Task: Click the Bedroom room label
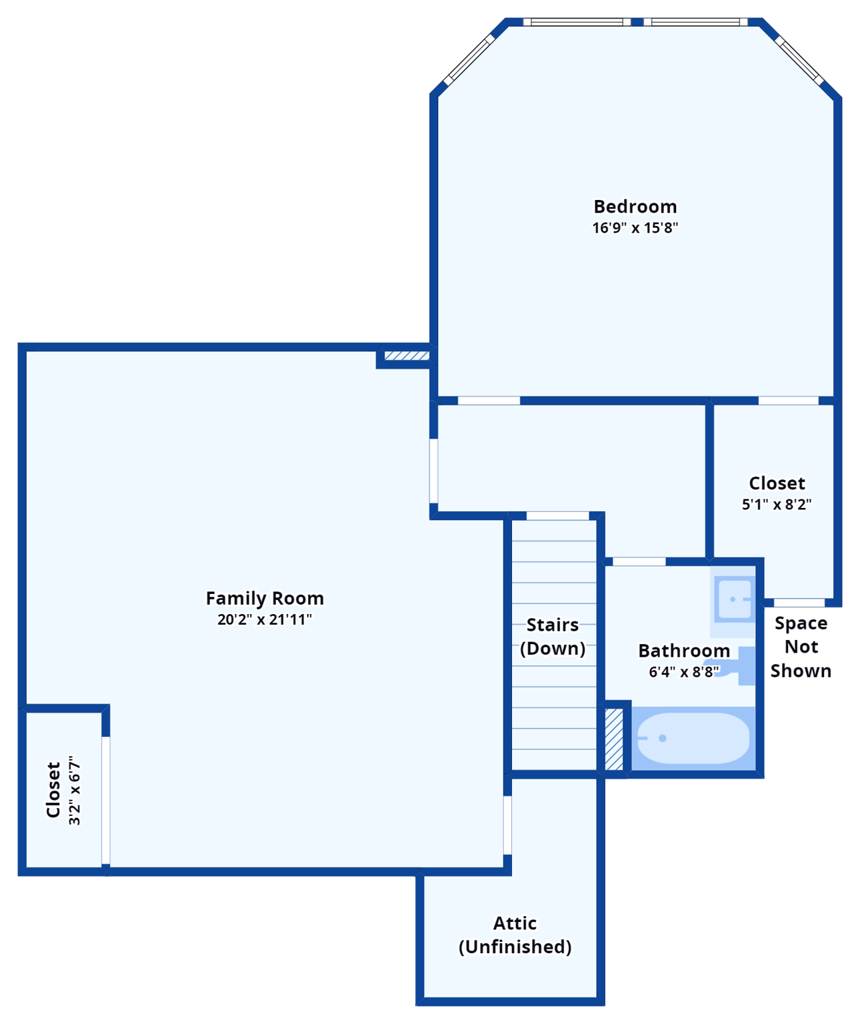click(635, 207)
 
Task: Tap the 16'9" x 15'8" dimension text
click(635, 228)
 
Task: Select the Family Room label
click(265, 599)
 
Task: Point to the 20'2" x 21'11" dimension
click(265, 620)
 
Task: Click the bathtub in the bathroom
click(692, 739)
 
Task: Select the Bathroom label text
click(684, 651)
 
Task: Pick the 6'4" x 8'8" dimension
click(684, 672)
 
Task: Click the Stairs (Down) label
click(553, 637)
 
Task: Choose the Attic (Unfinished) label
click(515, 935)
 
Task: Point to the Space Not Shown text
click(801, 647)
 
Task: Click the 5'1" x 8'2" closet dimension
click(777, 505)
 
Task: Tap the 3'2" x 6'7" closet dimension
click(75, 791)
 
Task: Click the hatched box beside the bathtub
click(614, 739)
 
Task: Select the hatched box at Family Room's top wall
click(407, 356)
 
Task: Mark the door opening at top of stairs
click(558, 515)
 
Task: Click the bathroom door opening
click(639, 561)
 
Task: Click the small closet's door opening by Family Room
click(105, 800)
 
